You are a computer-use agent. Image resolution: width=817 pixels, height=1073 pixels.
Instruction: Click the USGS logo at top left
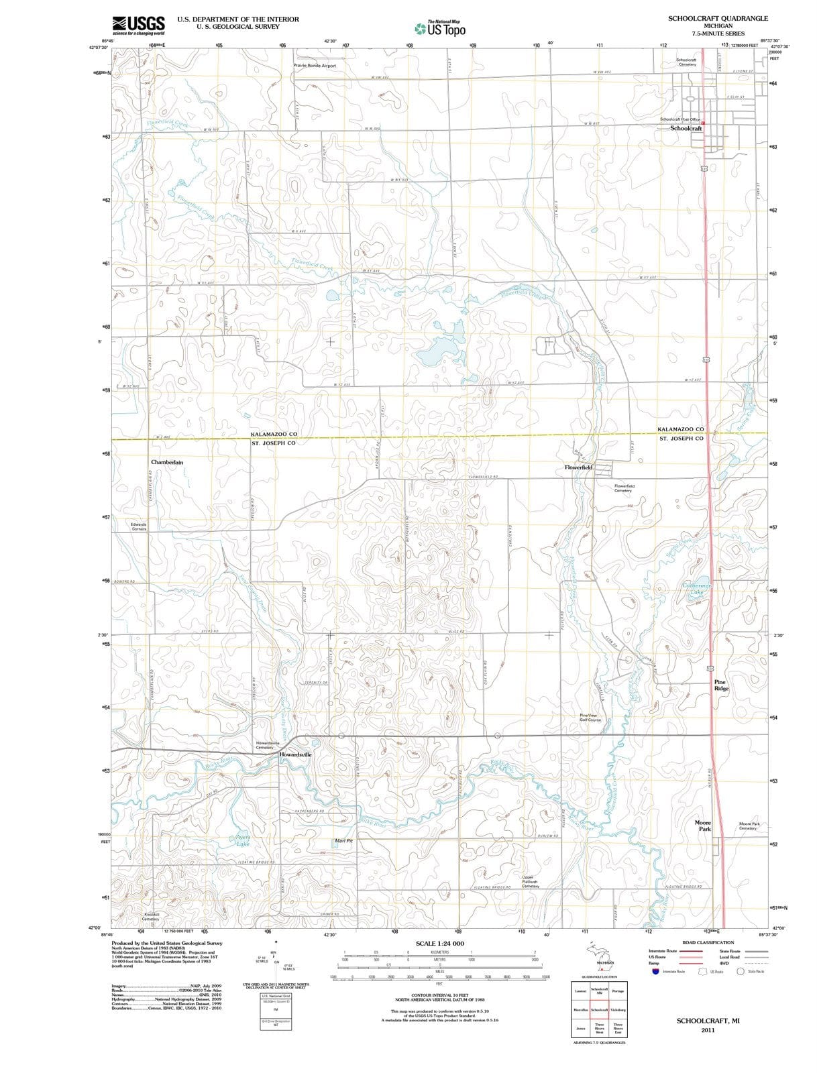tap(139, 25)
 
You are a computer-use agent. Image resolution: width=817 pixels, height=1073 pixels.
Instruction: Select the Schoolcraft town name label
tap(686, 128)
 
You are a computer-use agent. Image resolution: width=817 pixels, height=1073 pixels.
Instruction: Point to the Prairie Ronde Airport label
tap(315, 66)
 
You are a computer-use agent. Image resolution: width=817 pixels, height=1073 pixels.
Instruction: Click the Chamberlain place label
tap(166, 462)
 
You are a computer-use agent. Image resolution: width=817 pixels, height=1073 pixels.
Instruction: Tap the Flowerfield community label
tap(578, 467)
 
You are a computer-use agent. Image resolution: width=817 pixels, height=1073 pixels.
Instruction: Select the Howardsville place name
tap(295, 754)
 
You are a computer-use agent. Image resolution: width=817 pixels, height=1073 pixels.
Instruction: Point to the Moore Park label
tap(702, 826)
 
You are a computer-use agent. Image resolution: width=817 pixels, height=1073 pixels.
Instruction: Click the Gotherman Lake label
tap(696, 589)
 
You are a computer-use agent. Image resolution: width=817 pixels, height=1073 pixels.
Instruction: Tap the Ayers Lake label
tap(242, 840)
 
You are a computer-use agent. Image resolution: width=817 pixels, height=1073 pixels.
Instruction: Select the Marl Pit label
tap(343, 840)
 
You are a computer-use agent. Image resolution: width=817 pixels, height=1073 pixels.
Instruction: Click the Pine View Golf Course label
tap(590, 718)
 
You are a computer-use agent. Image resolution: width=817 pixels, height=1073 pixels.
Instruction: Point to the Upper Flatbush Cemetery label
tap(530, 881)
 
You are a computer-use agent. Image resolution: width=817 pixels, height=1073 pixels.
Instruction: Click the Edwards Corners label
tap(139, 526)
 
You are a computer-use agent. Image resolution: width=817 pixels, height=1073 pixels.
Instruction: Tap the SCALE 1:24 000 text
tap(439, 944)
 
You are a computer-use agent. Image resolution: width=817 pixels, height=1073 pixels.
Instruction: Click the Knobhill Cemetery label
tap(151, 917)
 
